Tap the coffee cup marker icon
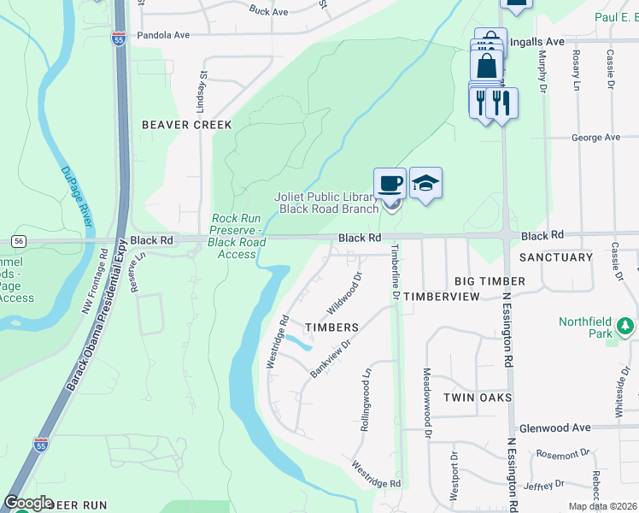click(390, 183)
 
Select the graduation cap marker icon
click(425, 183)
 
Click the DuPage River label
click(76, 196)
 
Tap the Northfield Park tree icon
click(626, 326)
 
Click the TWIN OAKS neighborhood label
click(478, 398)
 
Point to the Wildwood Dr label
click(345, 293)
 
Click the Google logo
click(27, 503)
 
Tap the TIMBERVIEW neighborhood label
click(442, 295)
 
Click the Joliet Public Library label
click(326, 202)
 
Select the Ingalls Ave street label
click(536, 41)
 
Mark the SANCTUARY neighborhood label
click(555, 257)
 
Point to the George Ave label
click(595, 137)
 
